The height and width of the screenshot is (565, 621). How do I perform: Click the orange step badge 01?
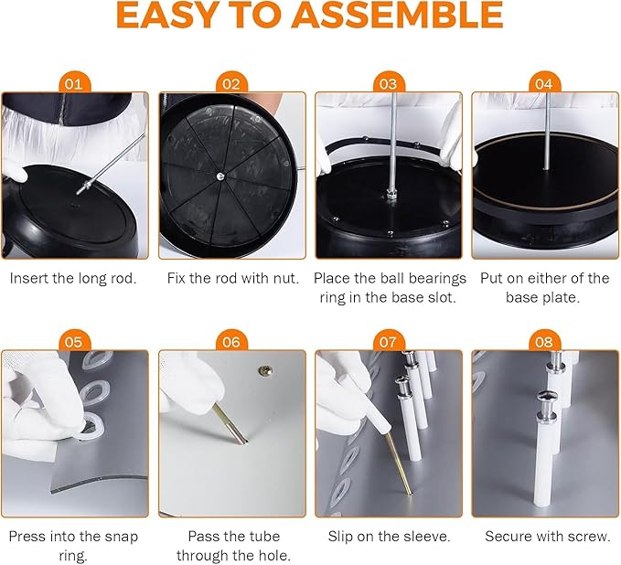point(74,83)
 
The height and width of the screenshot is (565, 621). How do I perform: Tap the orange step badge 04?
point(543,83)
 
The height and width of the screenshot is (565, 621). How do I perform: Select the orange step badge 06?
point(231,341)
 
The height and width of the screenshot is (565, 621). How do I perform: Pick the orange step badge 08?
point(543,341)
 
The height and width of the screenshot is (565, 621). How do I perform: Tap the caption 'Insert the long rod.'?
point(73,278)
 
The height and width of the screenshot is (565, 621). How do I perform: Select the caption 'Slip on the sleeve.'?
point(389,536)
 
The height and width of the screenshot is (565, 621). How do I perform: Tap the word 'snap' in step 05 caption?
point(122,538)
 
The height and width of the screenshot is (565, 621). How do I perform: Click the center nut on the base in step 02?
point(219,176)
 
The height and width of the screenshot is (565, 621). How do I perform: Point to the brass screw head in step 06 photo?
point(265,370)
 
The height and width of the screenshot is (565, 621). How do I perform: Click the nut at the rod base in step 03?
point(391,195)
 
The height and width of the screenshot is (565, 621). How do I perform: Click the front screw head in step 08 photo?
point(547,395)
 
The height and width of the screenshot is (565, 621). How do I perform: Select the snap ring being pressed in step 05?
point(91,427)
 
